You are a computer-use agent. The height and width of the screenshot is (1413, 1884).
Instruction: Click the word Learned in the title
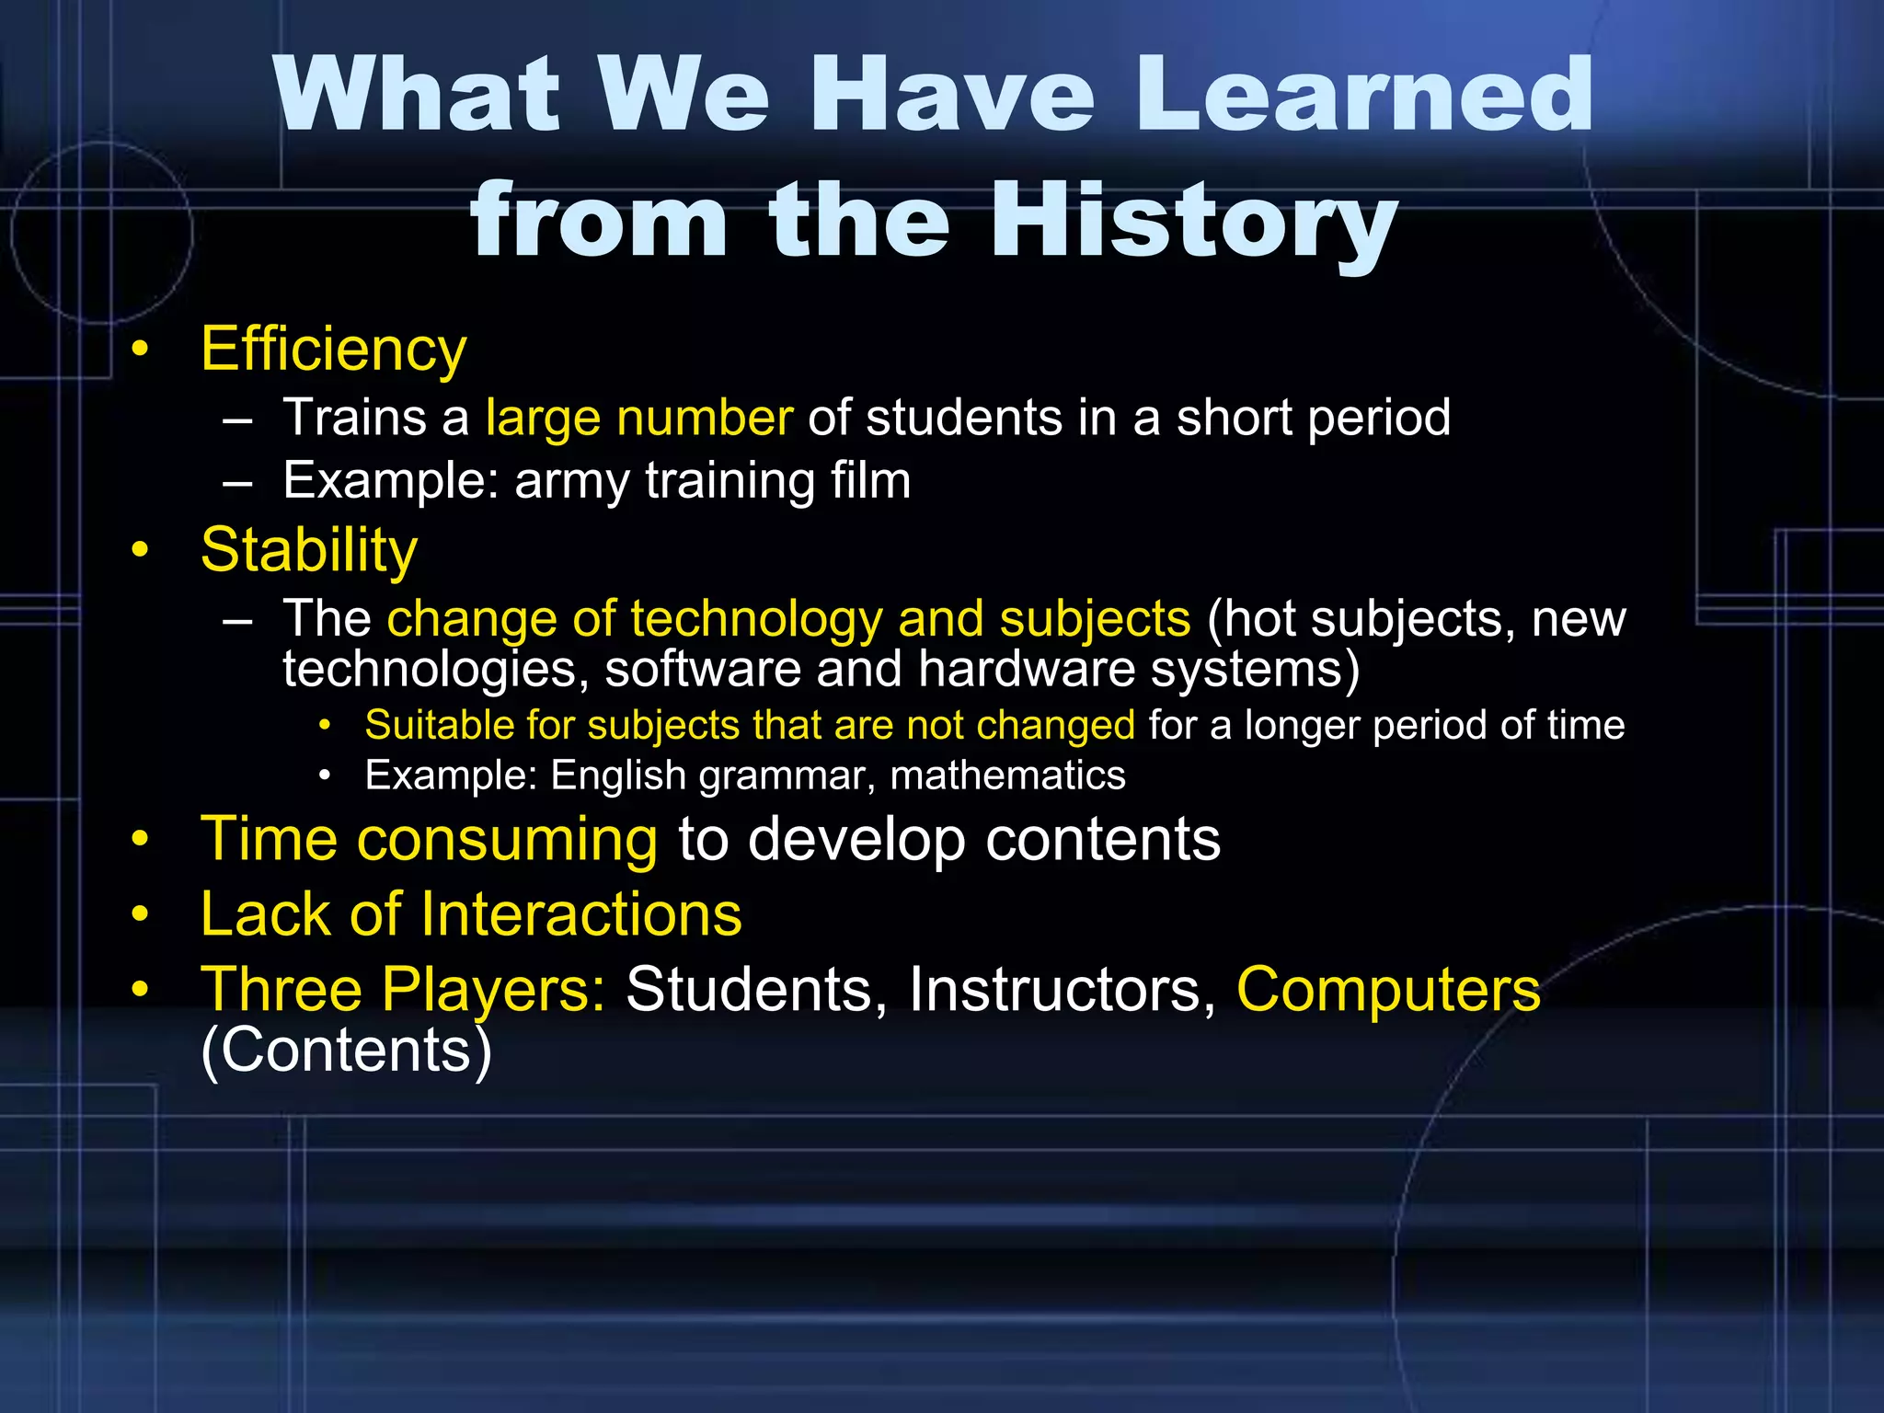coord(1365,95)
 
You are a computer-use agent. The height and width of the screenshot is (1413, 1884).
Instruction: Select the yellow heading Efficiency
coord(333,350)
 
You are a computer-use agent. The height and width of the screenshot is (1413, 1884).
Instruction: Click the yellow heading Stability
coord(309,550)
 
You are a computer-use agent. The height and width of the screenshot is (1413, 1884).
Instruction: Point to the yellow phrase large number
coord(638,418)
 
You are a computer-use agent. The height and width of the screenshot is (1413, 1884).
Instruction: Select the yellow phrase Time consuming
coord(429,839)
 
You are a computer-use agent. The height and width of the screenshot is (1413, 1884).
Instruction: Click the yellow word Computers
coord(1387,990)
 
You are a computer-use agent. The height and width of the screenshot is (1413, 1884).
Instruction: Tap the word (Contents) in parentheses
coord(347,1051)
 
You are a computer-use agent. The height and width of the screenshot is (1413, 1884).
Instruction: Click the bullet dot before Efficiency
coord(139,350)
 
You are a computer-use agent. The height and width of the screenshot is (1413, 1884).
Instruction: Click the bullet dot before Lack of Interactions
coord(139,914)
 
